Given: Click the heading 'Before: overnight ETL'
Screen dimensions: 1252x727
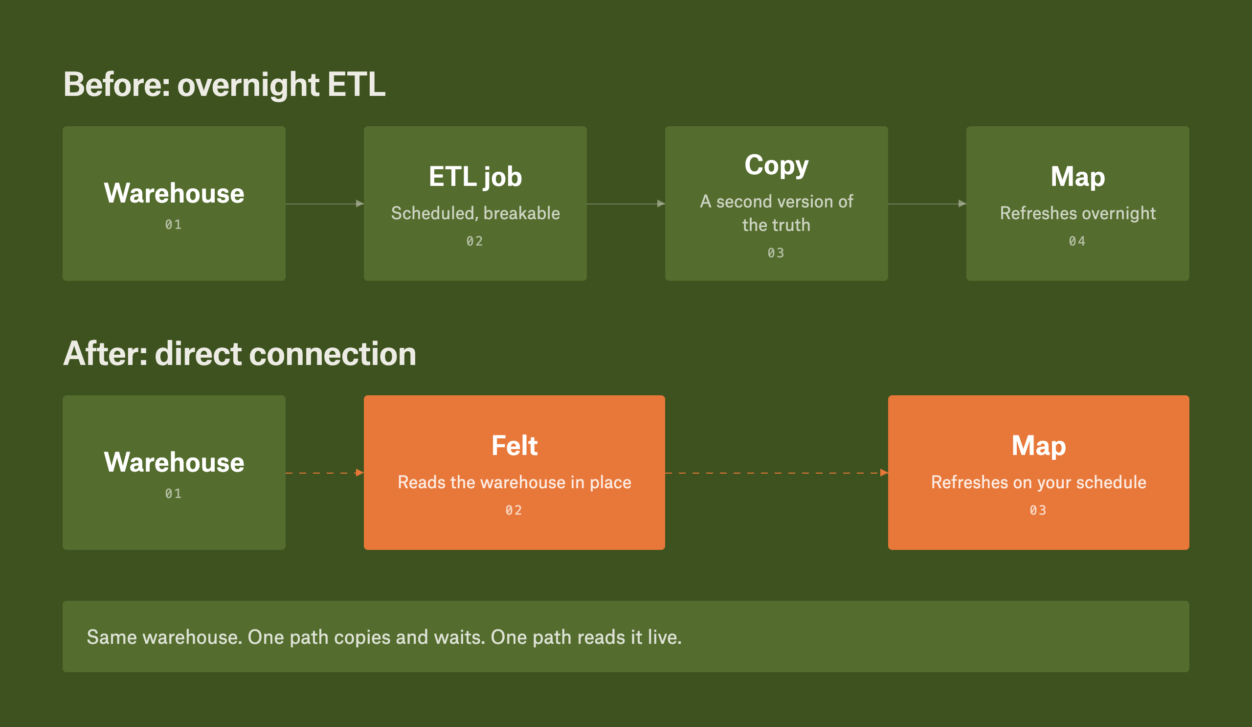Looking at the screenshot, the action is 224,85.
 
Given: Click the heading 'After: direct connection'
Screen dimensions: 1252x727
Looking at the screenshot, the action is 240,354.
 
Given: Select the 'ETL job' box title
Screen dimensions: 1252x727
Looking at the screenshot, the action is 475,178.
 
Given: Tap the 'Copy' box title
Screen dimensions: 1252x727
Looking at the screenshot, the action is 776,166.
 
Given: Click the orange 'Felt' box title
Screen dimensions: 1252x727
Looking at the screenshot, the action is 514,445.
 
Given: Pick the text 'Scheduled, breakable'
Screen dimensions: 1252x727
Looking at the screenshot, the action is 475,213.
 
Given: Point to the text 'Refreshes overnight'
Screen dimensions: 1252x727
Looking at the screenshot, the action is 1077,213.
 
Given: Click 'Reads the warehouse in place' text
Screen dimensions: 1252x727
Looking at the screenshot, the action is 514,482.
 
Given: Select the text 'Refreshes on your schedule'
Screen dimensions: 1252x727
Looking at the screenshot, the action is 1038,482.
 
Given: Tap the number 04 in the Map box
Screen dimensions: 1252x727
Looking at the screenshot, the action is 1077,242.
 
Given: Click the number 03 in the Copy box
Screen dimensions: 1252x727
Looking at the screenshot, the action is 776,253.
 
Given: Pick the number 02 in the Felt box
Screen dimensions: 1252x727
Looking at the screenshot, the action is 514,510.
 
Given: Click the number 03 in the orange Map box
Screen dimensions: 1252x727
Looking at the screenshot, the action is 1038,510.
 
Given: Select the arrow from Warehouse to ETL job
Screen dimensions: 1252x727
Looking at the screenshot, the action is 324,204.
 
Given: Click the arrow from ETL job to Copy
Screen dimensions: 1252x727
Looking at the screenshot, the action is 626,204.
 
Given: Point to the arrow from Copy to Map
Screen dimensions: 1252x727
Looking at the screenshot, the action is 927,204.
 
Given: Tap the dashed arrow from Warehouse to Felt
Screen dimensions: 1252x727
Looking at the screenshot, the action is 324,473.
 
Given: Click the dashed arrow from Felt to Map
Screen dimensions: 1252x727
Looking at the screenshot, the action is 777,473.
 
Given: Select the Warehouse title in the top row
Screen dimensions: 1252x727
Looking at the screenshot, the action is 174,193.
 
